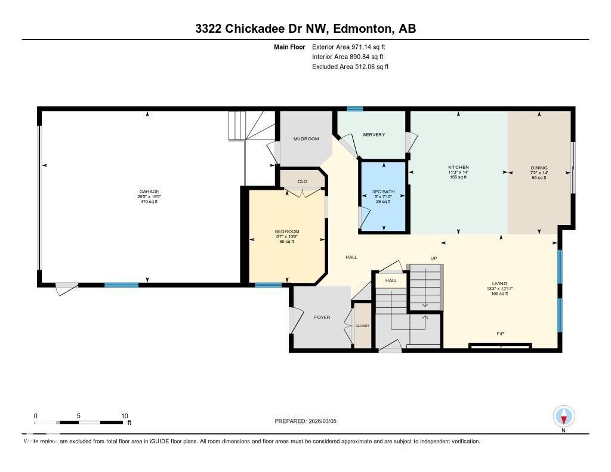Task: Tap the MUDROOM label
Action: pos(306,139)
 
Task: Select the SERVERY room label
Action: pos(374,135)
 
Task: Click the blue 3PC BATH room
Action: pos(383,196)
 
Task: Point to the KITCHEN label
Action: pos(458,167)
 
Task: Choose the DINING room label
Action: pos(539,168)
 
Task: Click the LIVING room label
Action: pos(499,283)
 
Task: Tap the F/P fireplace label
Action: pos(501,334)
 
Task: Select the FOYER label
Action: pos(322,317)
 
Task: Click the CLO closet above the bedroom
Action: pos(303,181)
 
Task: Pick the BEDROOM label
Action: pos(287,232)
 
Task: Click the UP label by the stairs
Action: pos(434,258)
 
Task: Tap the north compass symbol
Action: pos(564,417)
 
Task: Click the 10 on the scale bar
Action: pos(125,416)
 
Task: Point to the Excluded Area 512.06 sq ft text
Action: pos(350,67)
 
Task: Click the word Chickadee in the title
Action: pos(257,29)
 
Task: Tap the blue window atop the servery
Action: pos(355,109)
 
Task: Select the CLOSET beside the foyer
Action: pos(362,326)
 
